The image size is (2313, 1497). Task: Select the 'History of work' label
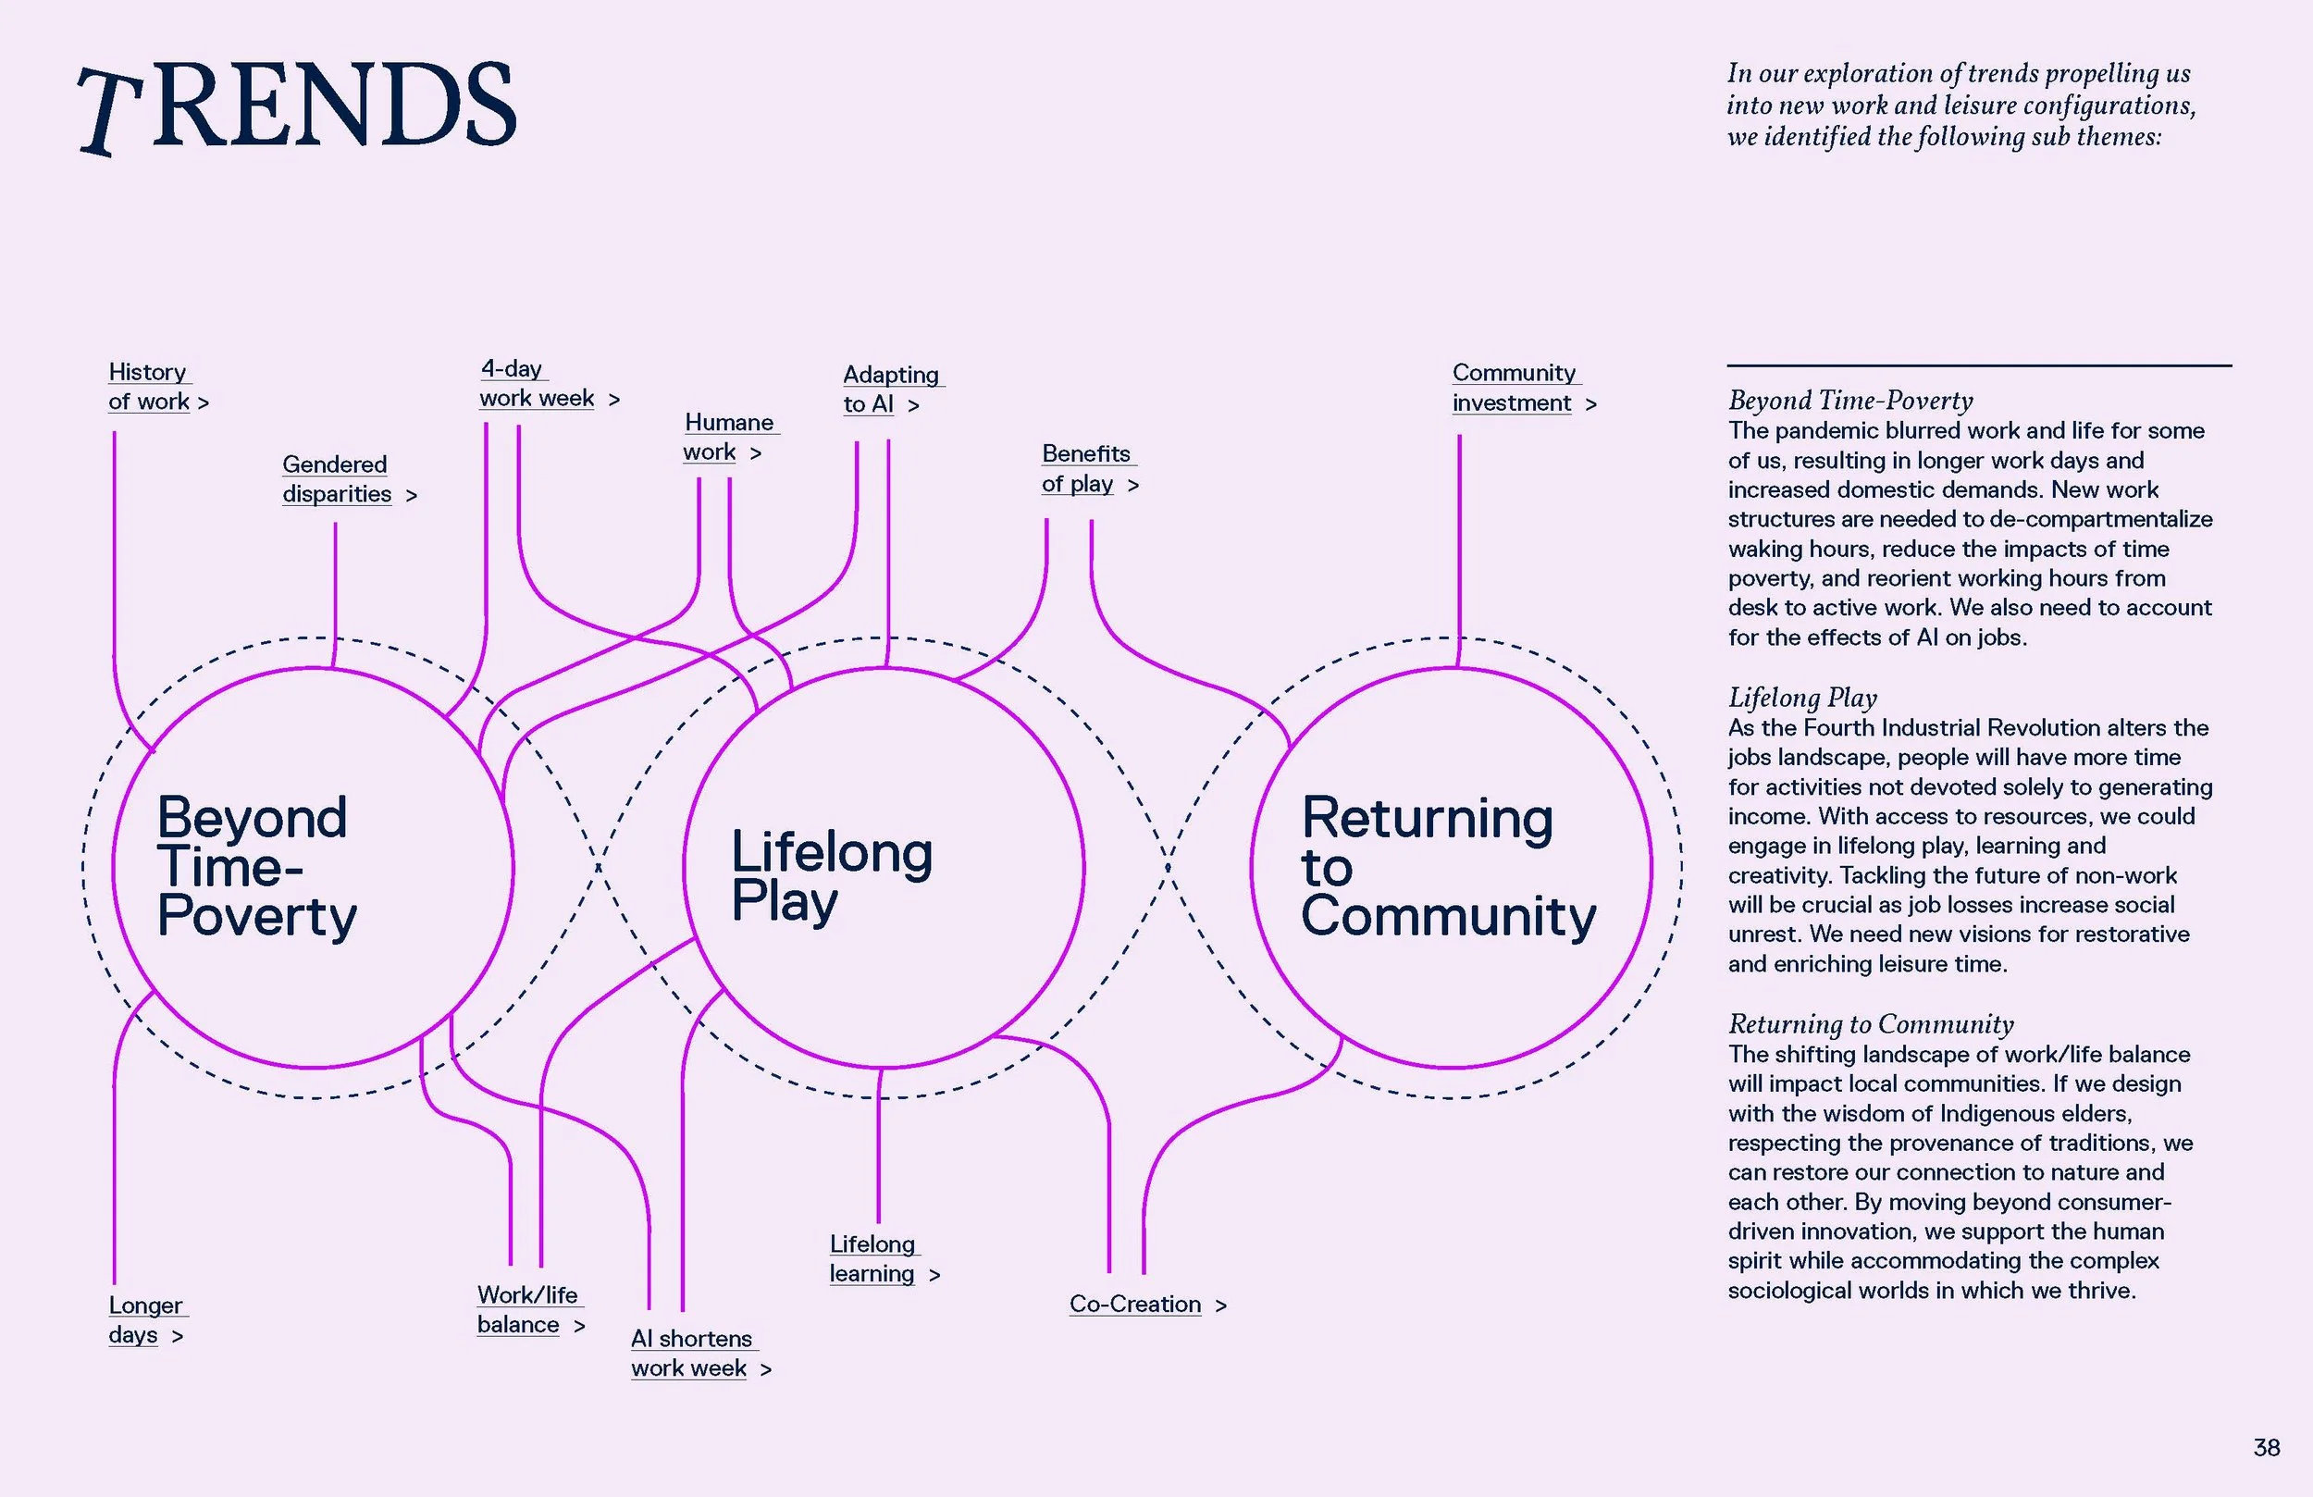point(157,387)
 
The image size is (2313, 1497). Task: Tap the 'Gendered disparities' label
point(349,479)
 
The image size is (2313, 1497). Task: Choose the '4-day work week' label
point(549,383)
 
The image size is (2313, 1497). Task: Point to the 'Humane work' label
point(722,438)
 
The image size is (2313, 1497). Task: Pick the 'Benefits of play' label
point(1090,468)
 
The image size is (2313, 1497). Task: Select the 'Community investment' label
point(1524,388)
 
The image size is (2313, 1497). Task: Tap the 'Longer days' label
point(146,1320)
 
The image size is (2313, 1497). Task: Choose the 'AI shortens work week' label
point(700,1354)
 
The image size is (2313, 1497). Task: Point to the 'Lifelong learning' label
point(884,1259)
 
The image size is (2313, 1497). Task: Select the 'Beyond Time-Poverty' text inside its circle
point(256,867)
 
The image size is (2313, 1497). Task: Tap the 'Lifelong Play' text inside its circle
point(831,877)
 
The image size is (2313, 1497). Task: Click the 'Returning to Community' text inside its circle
point(1448,867)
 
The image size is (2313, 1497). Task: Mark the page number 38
point(2267,1447)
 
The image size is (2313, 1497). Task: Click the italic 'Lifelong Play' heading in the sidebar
point(1801,698)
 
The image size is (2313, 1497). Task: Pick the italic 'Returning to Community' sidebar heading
point(1871,1024)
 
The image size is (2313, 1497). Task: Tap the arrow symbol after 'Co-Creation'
point(1220,1305)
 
